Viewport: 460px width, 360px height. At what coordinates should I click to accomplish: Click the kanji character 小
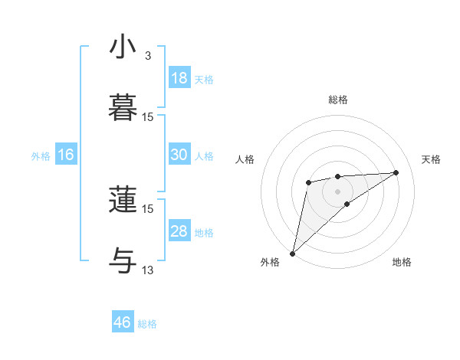click(x=123, y=47)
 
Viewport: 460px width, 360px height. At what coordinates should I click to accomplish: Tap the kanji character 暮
click(x=123, y=106)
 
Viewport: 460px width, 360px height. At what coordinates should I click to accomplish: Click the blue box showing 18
click(x=179, y=77)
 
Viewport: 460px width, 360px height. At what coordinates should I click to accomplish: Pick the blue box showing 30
click(x=179, y=155)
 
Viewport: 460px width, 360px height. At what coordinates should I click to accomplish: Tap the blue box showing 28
click(x=179, y=231)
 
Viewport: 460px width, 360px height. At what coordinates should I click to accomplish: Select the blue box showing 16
click(x=66, y=155)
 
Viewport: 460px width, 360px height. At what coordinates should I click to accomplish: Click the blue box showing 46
click(x=123, y=322)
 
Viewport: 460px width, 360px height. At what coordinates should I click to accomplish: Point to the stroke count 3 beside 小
click(x=148, y=56)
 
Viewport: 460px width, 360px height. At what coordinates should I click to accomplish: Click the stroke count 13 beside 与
click(x=148, y=270)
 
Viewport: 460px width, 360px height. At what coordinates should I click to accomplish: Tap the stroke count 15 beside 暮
click(x=148, y=116)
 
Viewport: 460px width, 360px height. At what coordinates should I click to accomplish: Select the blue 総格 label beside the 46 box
click(x=147, y=324)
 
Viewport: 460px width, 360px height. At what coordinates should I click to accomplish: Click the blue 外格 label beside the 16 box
click(x=41, y=156)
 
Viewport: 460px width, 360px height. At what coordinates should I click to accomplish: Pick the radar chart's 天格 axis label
click(x=431, y=159)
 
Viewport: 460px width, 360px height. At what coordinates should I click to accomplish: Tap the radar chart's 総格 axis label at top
click(x=337, y=100)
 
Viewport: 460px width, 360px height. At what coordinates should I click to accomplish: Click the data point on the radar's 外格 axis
click(x=292, y=253)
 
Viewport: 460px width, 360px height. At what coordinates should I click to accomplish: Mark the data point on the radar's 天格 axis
click(x=396, y=172)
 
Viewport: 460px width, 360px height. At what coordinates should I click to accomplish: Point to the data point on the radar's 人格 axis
click(x=308, y=182)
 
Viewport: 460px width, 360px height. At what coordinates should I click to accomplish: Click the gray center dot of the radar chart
click(x=337, y=191)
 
